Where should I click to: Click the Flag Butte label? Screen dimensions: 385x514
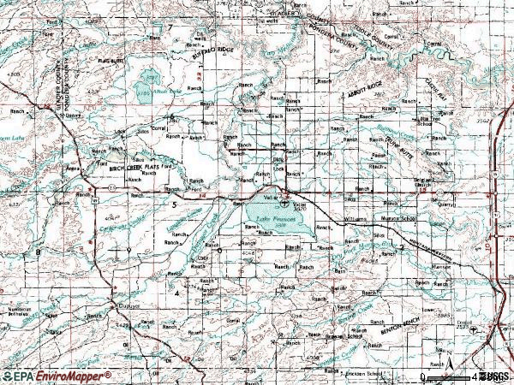tap(112, 61)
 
